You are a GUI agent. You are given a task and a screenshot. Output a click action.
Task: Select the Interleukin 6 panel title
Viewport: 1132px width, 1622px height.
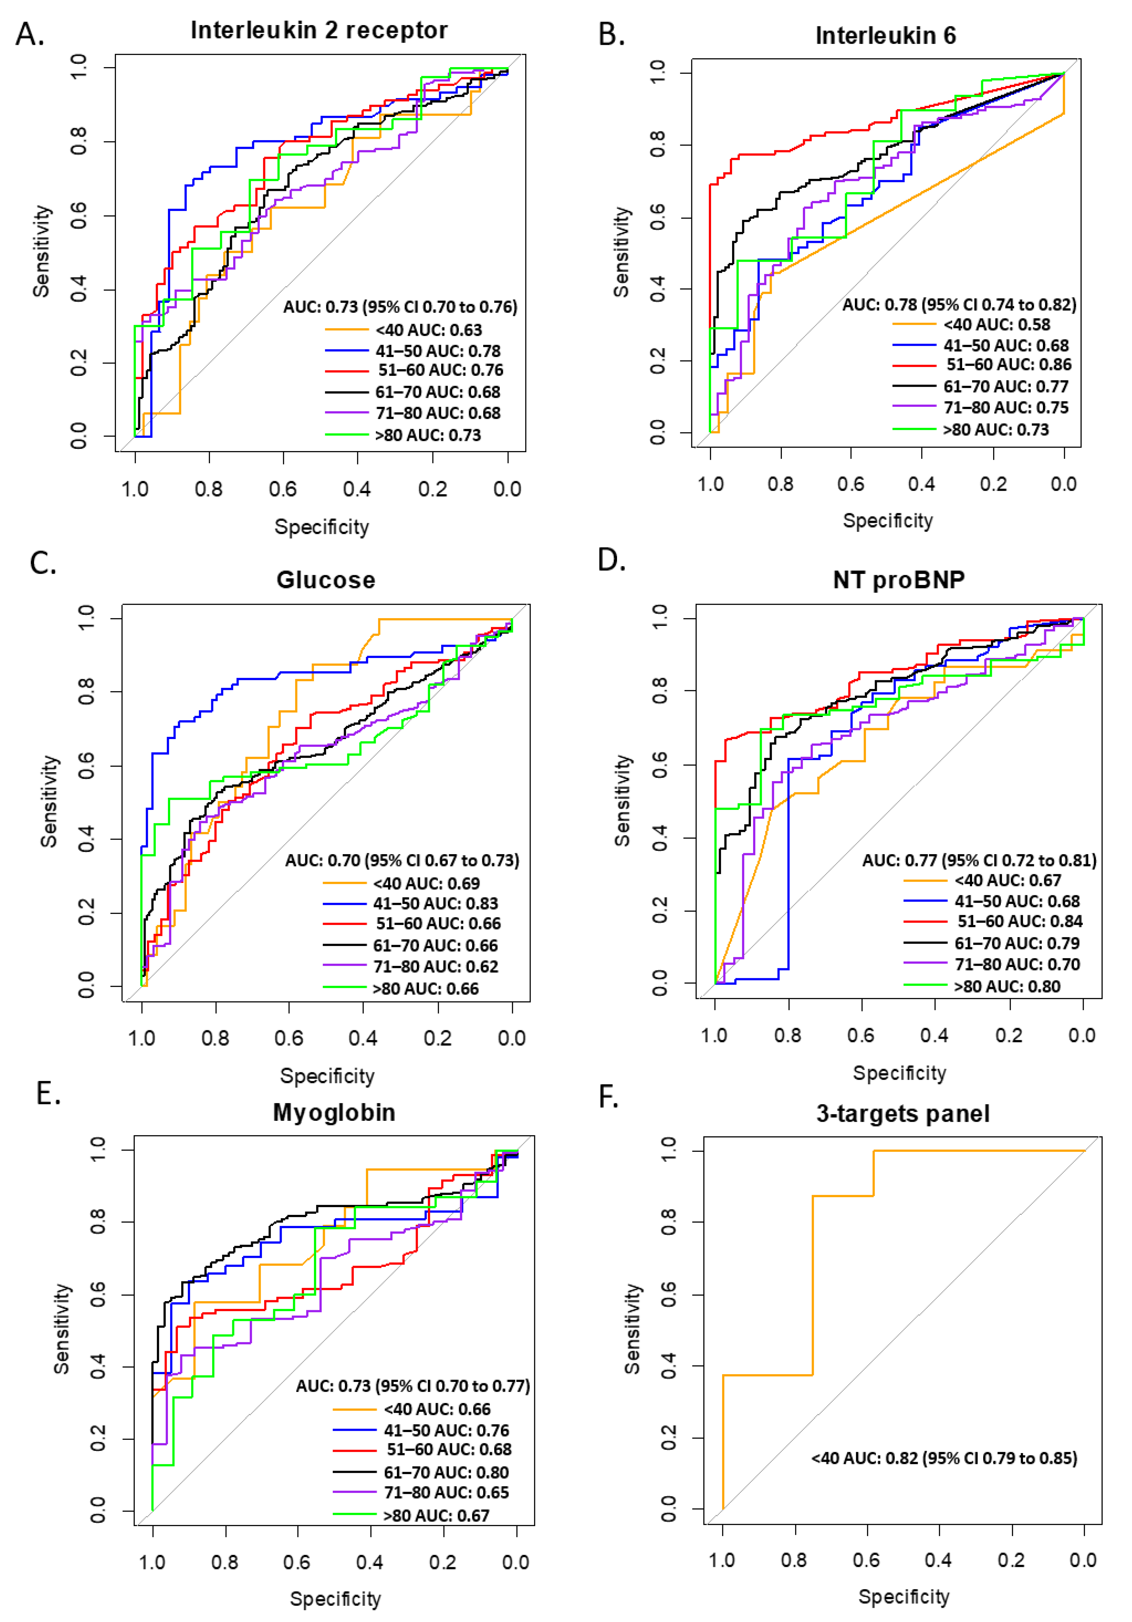coord(885,35)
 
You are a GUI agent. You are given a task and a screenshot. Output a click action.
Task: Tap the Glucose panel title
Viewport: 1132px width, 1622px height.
coord(326,580)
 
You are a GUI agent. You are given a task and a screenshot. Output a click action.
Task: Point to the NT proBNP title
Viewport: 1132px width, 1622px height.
coord(898,580)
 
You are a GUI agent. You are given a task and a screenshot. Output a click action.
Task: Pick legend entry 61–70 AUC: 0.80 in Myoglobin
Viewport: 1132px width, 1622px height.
coord(446,1472)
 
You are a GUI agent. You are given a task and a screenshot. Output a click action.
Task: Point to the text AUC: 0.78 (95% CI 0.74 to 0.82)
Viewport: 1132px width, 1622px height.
coord(959,304)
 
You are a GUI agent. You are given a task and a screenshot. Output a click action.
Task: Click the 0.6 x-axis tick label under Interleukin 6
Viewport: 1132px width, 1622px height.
coord(850,484)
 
